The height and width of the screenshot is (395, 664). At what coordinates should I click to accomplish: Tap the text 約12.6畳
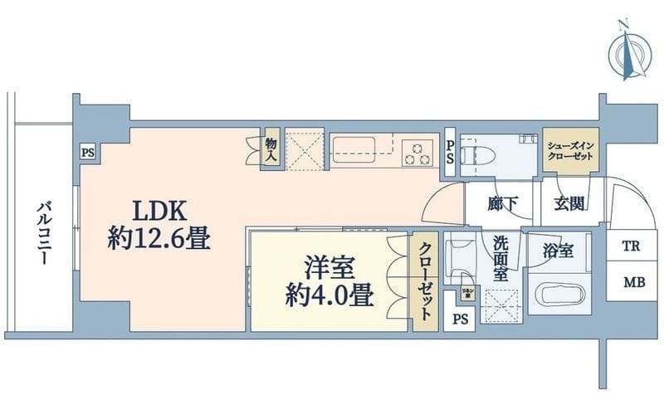point(159,241)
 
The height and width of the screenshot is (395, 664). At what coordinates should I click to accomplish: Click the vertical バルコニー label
point(41,235)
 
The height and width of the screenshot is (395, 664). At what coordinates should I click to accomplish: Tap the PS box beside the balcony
point(87,152)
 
